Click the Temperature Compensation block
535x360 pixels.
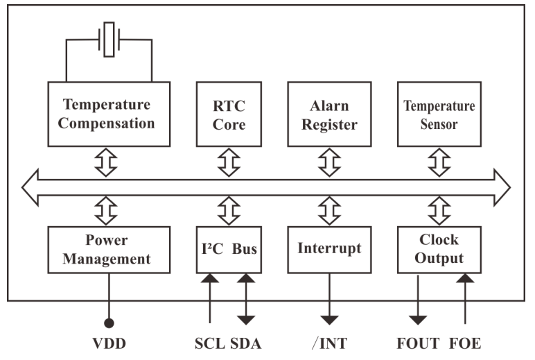coord(109,114)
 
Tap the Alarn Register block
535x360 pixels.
coord(329,114)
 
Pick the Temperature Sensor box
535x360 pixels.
coord(439,114)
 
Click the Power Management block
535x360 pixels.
coord(109,249)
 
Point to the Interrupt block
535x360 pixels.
coord(329,249)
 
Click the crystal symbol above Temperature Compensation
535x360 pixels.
coord(109,39)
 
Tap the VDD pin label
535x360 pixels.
coord(108,345)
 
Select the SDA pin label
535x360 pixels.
coord(247,345)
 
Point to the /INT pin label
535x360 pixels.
coord(330,345)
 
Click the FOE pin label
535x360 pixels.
coord(465,345)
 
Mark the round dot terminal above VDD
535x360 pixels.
coord(109,323)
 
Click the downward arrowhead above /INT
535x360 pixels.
coord(330,319)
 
